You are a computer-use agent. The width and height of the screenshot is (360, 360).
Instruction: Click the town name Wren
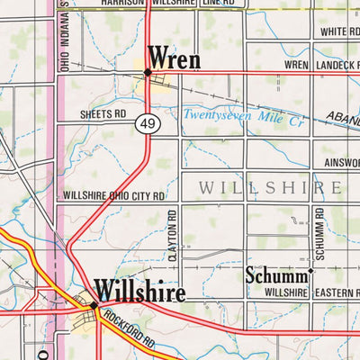[x=174, y=58]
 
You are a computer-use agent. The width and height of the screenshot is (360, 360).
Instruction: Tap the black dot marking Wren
[x=147, y=73]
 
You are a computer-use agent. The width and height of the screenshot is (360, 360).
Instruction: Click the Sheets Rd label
[x=103, y=115]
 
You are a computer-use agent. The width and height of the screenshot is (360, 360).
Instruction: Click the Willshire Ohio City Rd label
[x=114, y=195]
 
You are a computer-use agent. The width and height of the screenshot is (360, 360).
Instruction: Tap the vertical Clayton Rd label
[x=174, y=237]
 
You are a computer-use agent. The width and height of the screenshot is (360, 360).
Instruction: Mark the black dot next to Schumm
[x=311, y=270]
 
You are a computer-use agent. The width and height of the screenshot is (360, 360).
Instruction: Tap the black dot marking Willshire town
[x=94, y=306]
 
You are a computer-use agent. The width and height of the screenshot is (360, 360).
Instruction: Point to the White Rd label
[x=340, y=31]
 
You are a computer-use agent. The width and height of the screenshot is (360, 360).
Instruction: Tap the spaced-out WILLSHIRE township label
[x=269, y=188]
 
